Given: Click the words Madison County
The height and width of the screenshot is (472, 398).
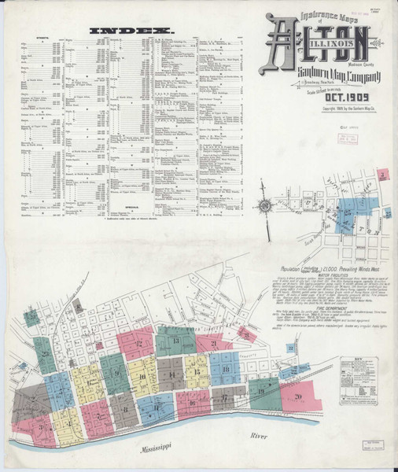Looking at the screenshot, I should click(360, 54).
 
